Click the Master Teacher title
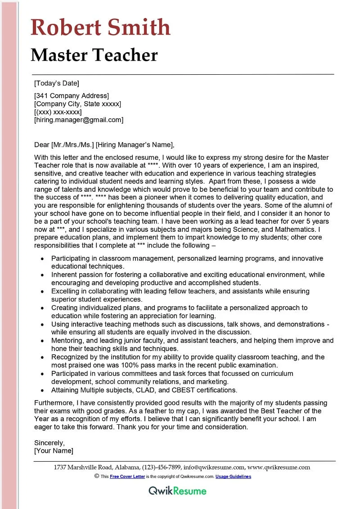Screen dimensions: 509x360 [x=94, y=55]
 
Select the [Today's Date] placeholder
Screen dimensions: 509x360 [x=57, y=83]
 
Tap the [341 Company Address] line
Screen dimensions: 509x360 [x=72, y=96]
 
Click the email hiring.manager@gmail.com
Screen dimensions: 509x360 [x=79, y=120]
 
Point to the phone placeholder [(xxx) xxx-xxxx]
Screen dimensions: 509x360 [x=58, y=112]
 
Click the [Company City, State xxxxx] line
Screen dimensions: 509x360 [x=77, y=104]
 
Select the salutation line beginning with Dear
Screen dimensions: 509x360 [x=104, y=144]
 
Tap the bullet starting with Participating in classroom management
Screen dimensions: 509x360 [x=187, y=258]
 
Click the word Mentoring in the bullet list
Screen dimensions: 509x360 [x=67, y=340]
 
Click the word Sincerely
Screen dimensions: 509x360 [x=49, y=443]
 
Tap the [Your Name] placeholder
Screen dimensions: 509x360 [x=54, y=451]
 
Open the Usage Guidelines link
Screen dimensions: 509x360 [x=233, y=477]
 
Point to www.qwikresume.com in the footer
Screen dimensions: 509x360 [x=279, y=468]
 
